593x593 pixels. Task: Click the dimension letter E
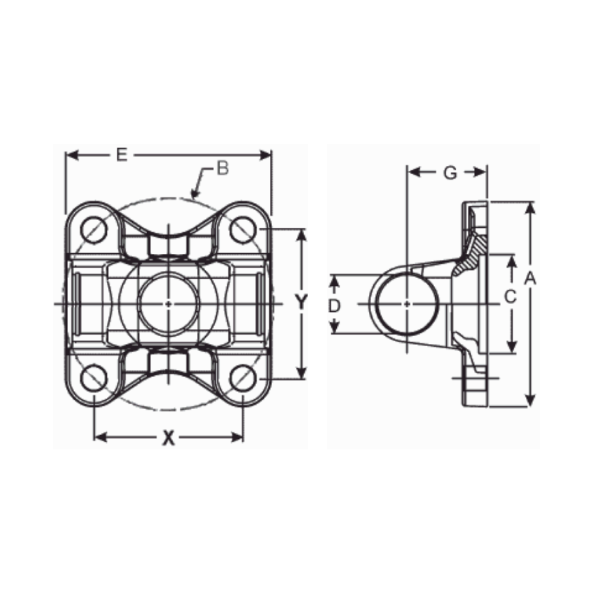(x=121, y=155)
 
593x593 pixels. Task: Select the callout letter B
(x=222, y=169)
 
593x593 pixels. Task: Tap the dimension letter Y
(x=302, y=303)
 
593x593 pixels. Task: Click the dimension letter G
(x=450, y=173)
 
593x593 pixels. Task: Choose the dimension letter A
(x=531, y=277)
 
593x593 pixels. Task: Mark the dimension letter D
(x=335, y=305)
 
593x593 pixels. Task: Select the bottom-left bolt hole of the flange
(x=94, y=378)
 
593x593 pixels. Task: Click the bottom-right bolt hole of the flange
(x=243, y=378)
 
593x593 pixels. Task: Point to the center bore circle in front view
(x=168, y=304)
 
